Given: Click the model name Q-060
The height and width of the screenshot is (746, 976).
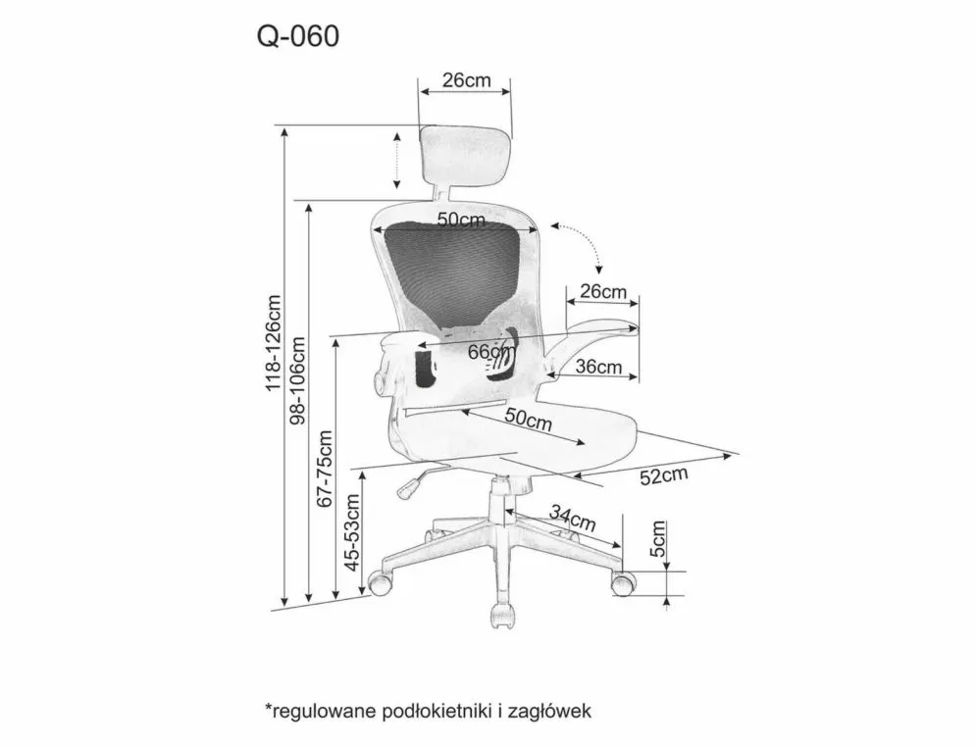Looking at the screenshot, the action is [x=298, y=36].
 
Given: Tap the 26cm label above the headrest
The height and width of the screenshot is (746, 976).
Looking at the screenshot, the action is [x=466, y=80].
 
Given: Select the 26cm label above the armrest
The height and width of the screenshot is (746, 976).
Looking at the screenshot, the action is [x=602, y=291].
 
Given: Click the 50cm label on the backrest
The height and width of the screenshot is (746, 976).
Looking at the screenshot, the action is [x=461, y=219].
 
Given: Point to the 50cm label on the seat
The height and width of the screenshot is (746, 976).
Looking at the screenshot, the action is [x=529, y=419].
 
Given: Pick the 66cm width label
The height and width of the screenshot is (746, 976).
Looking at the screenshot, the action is [x=491, y=352].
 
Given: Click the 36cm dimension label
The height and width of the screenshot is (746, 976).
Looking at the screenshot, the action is [x=598, y=367].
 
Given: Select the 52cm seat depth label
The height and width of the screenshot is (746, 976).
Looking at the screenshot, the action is [x=664, y=476].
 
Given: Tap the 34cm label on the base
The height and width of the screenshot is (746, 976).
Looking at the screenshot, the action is [x=573, y=517].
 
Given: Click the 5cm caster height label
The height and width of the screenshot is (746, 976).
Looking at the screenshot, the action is [x=658, y=539].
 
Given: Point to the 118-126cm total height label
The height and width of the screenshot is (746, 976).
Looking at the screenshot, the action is [x=274, y=343].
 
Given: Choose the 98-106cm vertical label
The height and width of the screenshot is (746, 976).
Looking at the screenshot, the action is [x=298, y=380].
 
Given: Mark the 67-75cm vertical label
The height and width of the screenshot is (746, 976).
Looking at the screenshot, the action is [x=325, y=469].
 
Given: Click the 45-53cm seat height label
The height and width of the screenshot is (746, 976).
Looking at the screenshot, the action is [x=352, y=532].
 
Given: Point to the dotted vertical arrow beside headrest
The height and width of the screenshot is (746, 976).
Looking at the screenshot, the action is [x=397, y=160].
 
